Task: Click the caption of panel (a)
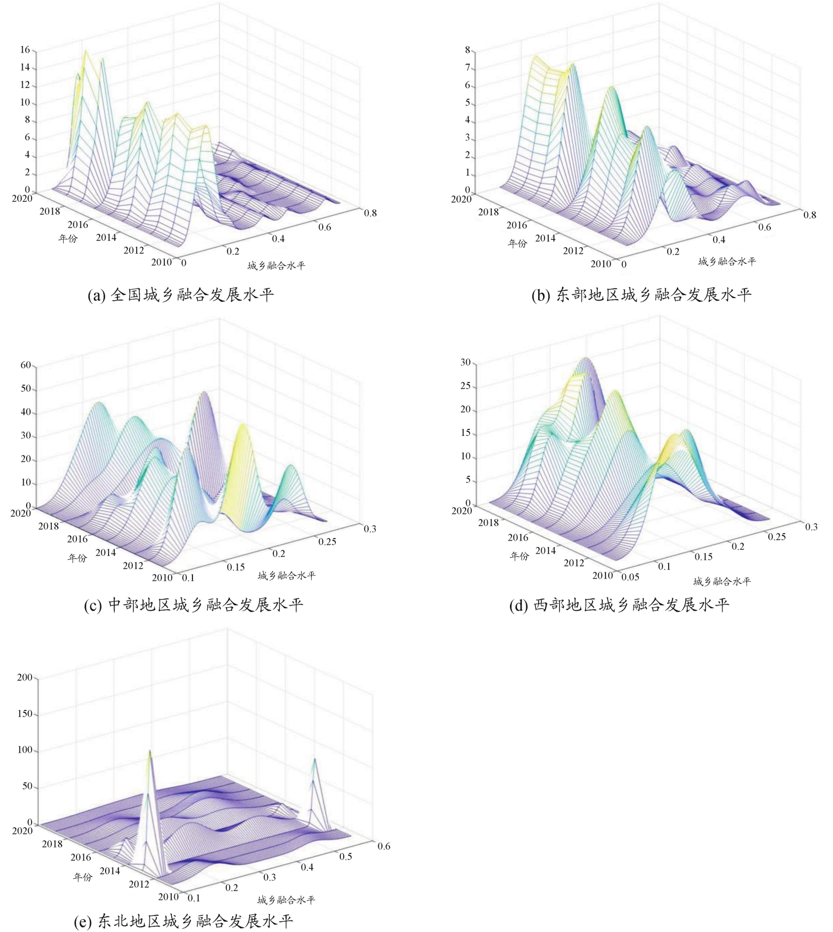(181, 295)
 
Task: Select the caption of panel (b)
(641, 295)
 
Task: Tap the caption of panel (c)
(193, 605)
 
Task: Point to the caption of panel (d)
(619, 605)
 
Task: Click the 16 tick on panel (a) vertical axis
(25, 50)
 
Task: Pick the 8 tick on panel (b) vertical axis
(467, 50)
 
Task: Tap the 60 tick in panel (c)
(25, 365)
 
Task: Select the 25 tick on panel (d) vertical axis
(465, 386)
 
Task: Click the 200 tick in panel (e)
(25, 677)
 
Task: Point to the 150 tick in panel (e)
(25, 714)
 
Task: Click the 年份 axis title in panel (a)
(68, 238)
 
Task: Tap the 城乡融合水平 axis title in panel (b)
(727, 262)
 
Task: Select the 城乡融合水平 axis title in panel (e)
(286, 900)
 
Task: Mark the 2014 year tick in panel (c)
(106, 552)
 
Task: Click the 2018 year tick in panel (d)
(488, 522)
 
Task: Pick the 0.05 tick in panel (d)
(630, 577)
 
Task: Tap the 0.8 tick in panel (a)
(370, 213)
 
